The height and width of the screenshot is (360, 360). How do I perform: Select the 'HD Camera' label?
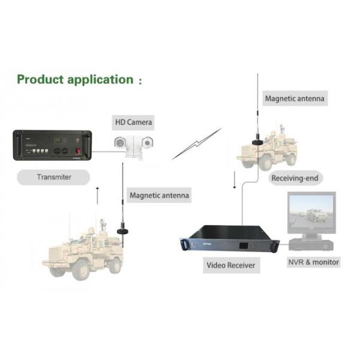pyautogui.click(x=134, y=122)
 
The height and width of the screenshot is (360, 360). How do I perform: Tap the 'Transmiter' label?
pyautogui.click(x=54, y=177)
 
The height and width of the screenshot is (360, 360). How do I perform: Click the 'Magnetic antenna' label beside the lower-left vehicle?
pyautogui.click(x=159, y=195)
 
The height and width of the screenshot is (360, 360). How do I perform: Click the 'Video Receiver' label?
pyautogui.click(x=230, y=265)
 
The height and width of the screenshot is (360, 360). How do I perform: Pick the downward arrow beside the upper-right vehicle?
pyautogui.click(x=234, y=179)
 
